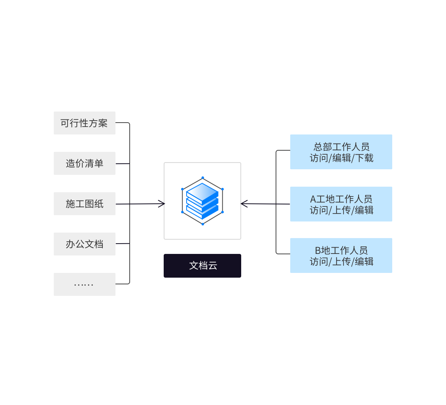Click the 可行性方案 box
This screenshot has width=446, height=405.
pos(85,123)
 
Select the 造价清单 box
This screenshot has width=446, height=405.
pos(85,163)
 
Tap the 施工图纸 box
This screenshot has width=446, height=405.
pos(85,204)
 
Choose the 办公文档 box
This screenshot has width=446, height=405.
pos(85,244)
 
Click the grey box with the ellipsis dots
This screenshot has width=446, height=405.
pos(85,284)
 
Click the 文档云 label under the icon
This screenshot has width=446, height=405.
pos(202,266)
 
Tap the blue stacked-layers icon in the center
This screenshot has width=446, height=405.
pos(202,201)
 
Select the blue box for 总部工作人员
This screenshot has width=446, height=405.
pos(341,152)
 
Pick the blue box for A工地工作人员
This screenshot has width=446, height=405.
pos(341,204)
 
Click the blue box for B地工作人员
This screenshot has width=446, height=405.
pos(341,255)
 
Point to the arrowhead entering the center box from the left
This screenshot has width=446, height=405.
pos(161,204)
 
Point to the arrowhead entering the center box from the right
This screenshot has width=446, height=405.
pos(244,204)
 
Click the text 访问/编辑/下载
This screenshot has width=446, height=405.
pos(342,158)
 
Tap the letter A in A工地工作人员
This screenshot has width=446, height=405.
pos(313,199)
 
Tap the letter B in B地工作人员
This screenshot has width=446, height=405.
pos(318,250)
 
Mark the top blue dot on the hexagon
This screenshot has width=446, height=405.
pos(202,178)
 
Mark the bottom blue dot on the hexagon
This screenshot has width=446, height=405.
pos(202,224)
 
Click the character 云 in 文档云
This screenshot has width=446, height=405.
pos(213,266)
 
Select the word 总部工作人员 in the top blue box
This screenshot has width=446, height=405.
pos(342,147)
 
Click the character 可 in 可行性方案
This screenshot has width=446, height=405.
pos(65,123)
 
